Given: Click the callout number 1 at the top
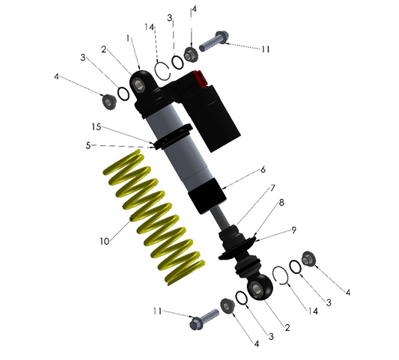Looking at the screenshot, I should (x=129, y=37).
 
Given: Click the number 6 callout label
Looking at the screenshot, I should (x=263, y=171).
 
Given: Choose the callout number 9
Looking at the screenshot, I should (x=293, y=230).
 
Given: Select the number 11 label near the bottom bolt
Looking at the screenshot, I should (x=156, y=311).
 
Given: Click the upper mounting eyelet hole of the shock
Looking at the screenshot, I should (x=140, y=83).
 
